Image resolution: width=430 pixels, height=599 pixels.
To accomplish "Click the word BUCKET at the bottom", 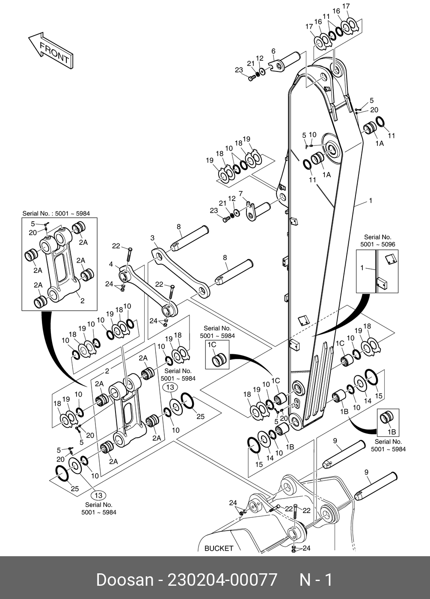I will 219,548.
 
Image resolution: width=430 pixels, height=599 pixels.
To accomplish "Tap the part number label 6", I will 273,51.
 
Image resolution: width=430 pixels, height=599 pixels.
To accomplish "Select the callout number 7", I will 240,194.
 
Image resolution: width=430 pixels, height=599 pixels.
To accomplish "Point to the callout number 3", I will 152,238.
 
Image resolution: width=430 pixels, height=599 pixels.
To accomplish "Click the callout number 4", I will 111,264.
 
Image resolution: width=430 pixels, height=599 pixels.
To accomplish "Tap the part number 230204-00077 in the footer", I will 222,580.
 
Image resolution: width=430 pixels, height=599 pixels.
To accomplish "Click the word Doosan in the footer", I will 125,580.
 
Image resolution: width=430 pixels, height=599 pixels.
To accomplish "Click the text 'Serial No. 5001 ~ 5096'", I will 378,240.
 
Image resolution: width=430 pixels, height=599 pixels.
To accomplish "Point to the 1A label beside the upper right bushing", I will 380,144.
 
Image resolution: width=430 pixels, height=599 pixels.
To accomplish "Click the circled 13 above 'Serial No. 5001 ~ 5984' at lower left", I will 98,495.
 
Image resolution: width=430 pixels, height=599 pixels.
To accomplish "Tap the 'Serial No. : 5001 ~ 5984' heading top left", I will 56,213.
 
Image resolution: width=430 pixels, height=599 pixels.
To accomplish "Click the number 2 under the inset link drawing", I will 83,301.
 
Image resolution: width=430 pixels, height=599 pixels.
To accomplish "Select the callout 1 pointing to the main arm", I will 371,200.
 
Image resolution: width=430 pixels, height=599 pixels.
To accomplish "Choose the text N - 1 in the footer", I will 315,580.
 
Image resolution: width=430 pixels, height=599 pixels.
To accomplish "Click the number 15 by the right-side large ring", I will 379,396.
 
